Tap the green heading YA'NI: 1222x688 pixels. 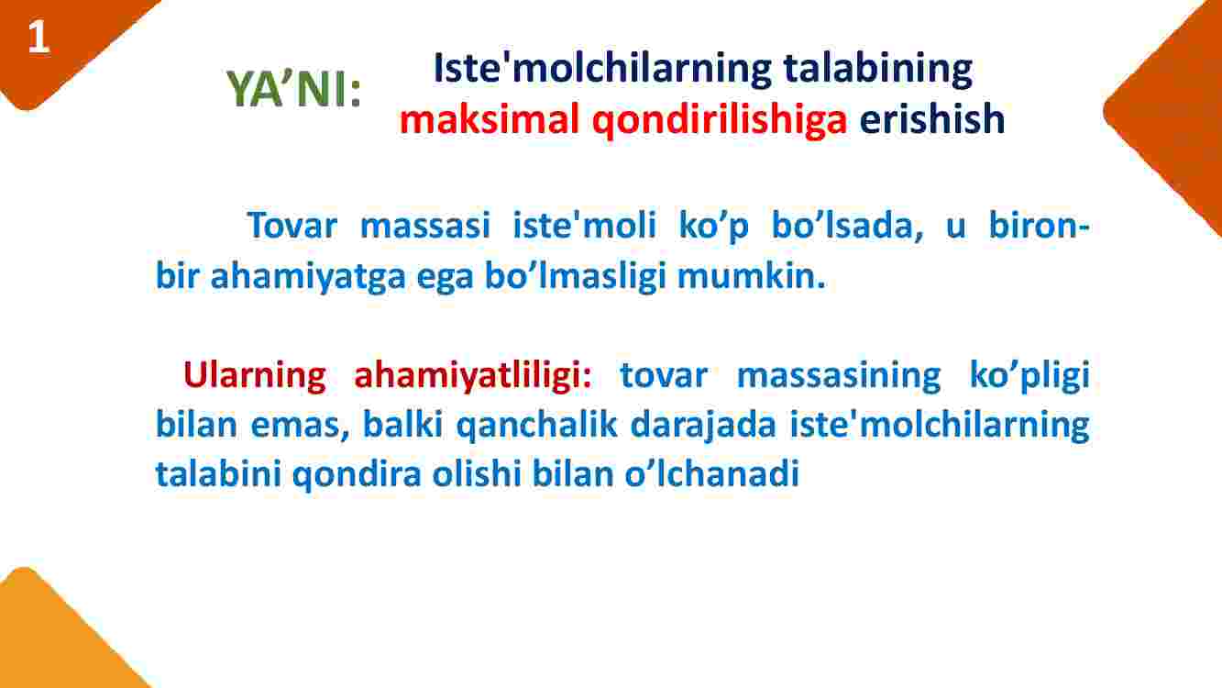tap(293, 89)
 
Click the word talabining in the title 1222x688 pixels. tap(877, 70)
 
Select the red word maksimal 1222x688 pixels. tap(490, 119)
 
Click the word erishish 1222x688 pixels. tap(931, 119)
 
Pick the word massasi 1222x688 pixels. tap(425, 225)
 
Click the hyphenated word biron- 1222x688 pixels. tap(1040, 225)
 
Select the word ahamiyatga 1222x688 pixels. tap(308, 277)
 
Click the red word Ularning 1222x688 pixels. tap(255, 374)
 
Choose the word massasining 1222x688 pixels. tap(839, 375)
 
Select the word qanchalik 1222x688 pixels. tap(536, 425)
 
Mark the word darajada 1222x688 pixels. tap(703, 425)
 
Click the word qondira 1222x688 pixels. tap(357, 474)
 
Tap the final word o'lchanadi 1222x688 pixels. tap(711, 472)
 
